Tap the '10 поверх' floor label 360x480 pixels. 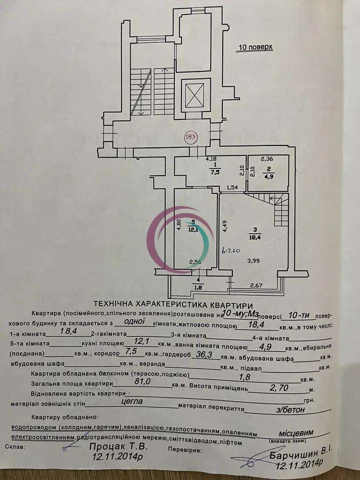[256, 48]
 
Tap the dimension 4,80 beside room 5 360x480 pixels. [178, 226]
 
